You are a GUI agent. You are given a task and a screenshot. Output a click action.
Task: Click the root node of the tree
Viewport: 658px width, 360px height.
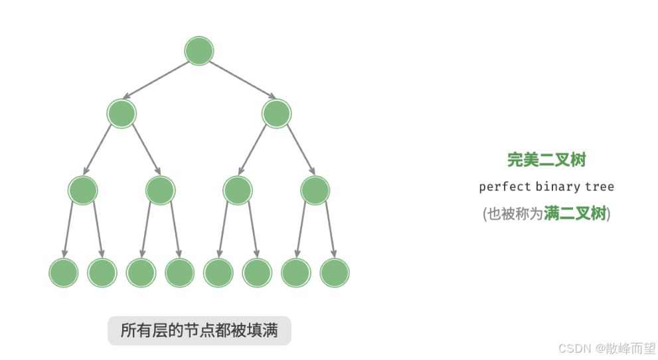[x=199, y=51]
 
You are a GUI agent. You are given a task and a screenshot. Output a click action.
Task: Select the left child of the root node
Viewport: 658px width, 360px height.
[x=122, y=114]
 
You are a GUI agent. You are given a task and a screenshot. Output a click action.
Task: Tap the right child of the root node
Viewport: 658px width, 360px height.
[x=276, y=114]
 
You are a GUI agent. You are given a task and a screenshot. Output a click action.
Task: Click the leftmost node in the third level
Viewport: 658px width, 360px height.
[x=83, y=191]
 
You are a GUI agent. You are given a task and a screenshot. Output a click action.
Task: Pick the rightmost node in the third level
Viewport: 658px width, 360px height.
[x=315, y=191]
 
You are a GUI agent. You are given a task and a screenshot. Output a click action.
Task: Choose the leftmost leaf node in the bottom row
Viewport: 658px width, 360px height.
[x=64, y=272]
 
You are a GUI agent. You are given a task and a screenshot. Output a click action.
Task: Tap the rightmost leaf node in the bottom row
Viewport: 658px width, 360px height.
[x=335, y=272]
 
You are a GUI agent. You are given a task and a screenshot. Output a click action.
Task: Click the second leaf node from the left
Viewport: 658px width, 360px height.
[x=102, y=272]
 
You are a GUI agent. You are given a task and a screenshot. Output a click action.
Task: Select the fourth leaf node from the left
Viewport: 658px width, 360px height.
[x=180, y=272]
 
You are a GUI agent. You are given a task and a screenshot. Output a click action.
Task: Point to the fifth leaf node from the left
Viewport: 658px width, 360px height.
[x=218, y=272]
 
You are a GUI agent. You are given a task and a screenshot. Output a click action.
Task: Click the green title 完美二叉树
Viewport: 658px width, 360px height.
[x=546, y=159]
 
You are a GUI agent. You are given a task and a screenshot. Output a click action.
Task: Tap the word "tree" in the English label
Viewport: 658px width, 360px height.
[x=600, y=187]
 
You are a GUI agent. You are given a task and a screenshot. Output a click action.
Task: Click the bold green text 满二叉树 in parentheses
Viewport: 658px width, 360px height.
[x=575, y=214]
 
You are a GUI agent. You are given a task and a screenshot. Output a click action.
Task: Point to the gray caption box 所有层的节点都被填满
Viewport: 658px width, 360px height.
[x=199, y=330]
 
